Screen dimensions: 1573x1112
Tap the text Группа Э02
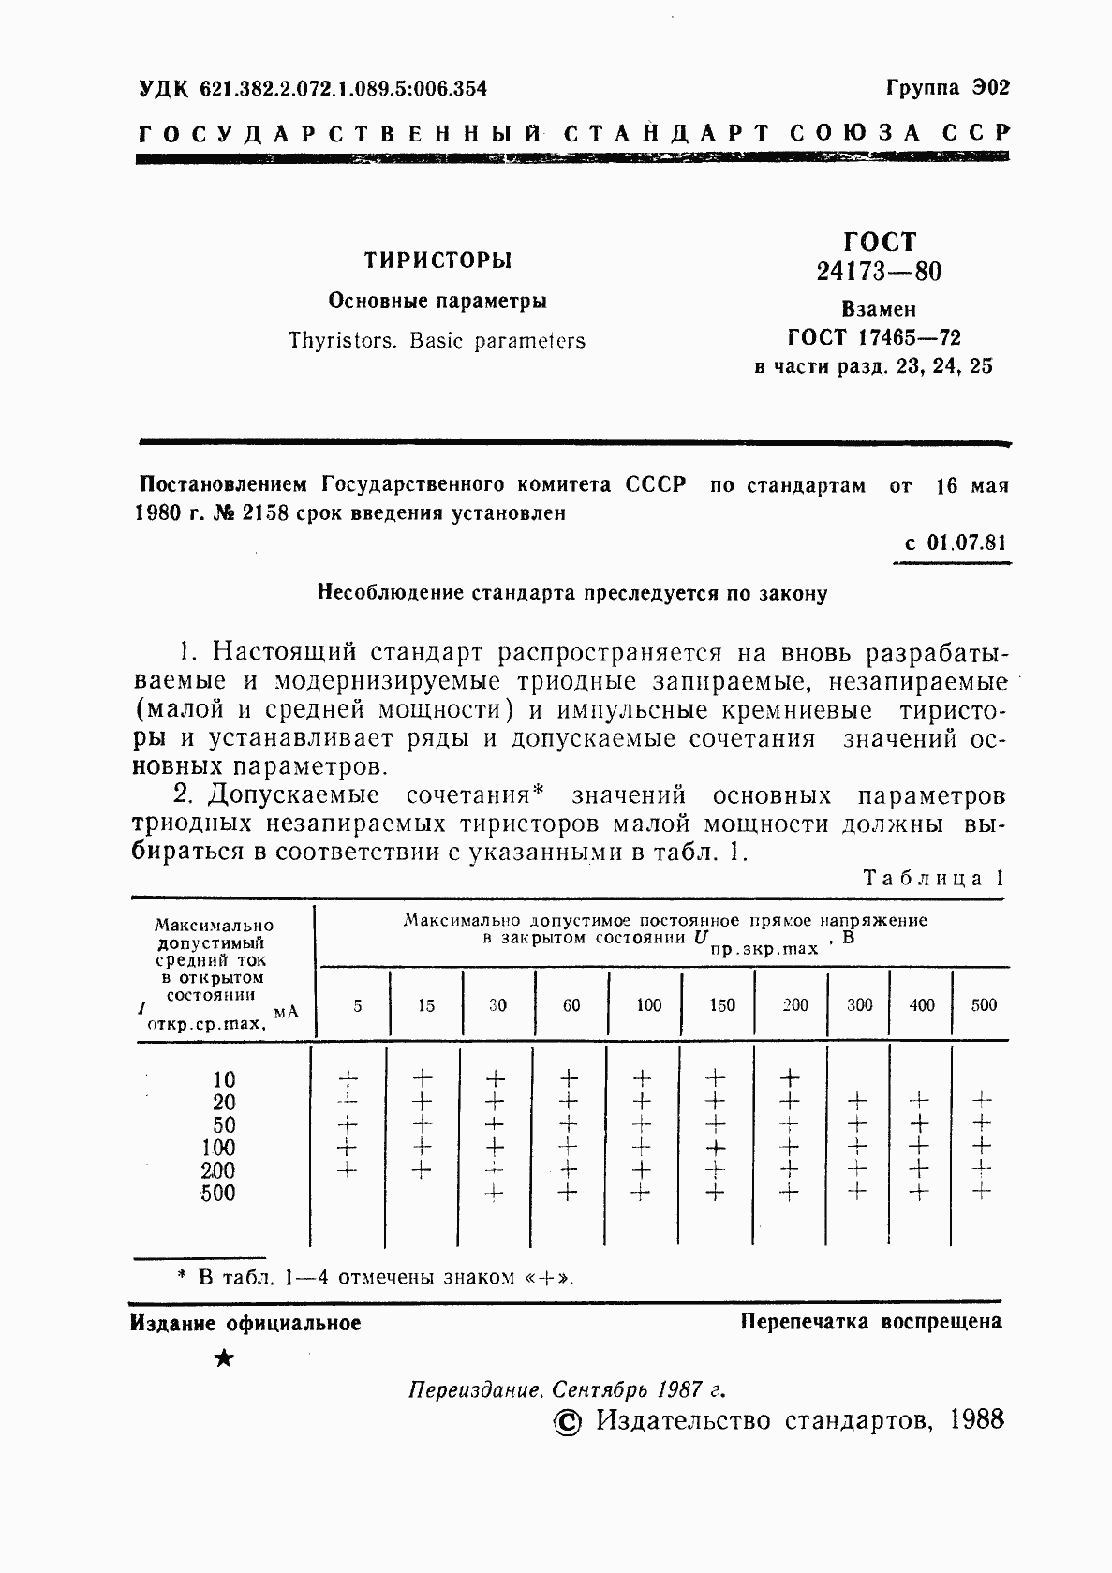coord(947,88)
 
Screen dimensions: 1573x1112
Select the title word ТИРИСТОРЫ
coord(437,260)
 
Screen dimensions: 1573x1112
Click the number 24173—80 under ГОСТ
coord(879,272)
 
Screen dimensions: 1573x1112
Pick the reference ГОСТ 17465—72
coord(875,337)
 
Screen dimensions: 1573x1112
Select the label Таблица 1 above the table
coord(933,878)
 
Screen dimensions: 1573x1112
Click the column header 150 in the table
coord(721,1005)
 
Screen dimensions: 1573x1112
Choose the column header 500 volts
coord(984,1005)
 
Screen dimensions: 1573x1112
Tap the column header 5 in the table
coord(357,1005)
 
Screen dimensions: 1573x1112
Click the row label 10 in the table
coord(224,1079)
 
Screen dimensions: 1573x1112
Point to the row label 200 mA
coord(218,1170)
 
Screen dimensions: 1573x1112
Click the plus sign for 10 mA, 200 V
coord(790,1077)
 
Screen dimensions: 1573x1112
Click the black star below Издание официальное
coord(223,1358)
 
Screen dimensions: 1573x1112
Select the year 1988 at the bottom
coord(975,1419)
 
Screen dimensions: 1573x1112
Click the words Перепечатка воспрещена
coord(870,1322)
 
